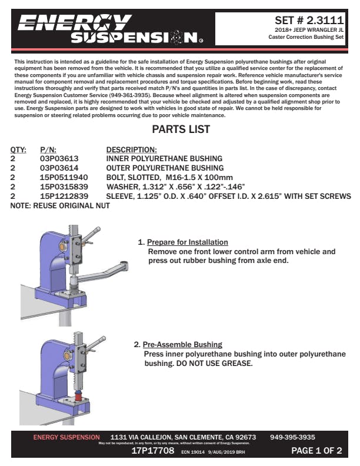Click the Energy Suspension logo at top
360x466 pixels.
click(x=109, y=29)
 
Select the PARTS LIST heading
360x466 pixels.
click(x=181, y=129)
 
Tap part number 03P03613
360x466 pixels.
click(x=59, y=158)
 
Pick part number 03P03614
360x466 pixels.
click(x=59, y=167)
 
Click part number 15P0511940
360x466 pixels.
click(x=64, y=177)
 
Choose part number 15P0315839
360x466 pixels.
click(x=64, y=186)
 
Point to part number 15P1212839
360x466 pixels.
click(x=64, y=195)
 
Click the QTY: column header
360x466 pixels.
click(x=18, y=149)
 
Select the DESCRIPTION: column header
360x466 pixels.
click(x=131, y=149)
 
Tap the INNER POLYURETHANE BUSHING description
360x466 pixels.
click(x=164, y=158)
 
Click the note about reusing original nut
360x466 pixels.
click(x=52, y=205)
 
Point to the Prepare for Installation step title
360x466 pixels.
click(x=188, y=242)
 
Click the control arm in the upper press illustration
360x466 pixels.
click(x=103, y=273)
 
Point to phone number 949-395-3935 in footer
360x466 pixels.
click(x=292, y=437)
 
